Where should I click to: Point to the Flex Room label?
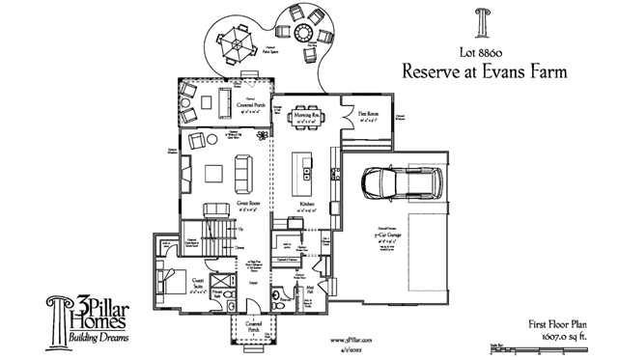(x=367, y=114)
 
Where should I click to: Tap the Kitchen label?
(x=308, y=205)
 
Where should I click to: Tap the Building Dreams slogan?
(x=100, y=339)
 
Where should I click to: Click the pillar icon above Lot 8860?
(x=481, y=21)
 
